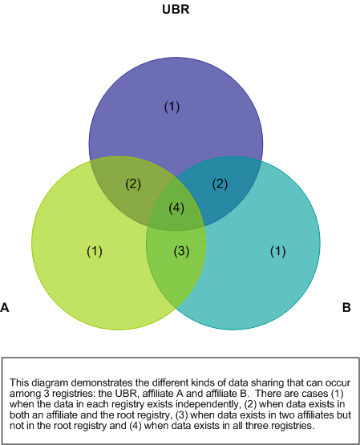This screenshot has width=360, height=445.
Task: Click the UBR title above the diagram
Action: point(176,10)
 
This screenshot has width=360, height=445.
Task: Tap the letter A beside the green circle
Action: point(5,307)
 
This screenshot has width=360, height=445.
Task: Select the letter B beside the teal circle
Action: point(346,307)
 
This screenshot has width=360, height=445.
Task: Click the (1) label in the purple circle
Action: point(172,107)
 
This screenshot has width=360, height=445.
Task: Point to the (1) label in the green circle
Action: point(95,252)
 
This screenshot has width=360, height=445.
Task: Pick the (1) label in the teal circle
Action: point(277,252)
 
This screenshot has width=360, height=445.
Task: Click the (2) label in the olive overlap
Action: point(133,184)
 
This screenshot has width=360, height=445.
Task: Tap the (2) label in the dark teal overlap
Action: point(220,184)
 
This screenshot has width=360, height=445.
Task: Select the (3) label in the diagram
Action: point(181,252)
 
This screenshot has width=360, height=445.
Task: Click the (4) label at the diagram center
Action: point(176,208)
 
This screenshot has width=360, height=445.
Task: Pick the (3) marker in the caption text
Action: point(181,415)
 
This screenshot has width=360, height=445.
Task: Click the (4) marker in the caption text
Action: point(136,426)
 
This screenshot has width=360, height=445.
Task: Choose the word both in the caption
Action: point(19,415)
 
